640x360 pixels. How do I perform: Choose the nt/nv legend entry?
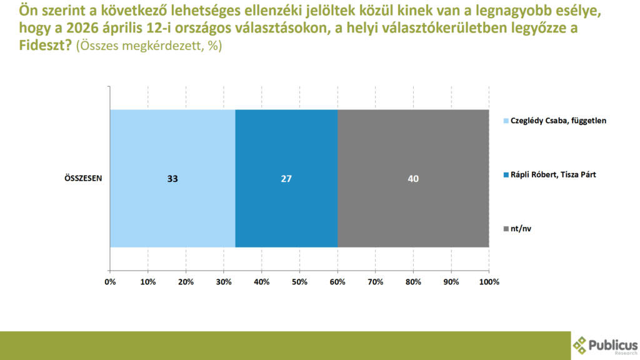(521, 229)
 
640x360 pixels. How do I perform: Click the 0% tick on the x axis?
(110, 282)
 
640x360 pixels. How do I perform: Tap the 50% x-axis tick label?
(299, 282)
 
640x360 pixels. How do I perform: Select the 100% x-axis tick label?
(489, 282)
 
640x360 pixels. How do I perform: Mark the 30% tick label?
(224, 282)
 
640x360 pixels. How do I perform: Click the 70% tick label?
(375, 282)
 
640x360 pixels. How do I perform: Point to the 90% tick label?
(451, 282)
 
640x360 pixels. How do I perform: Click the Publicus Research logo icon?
(581, 346)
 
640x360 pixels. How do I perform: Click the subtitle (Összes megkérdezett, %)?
(149, 46)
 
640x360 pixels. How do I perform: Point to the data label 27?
(286, 179)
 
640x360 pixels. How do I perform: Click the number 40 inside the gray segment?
(412, 179)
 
